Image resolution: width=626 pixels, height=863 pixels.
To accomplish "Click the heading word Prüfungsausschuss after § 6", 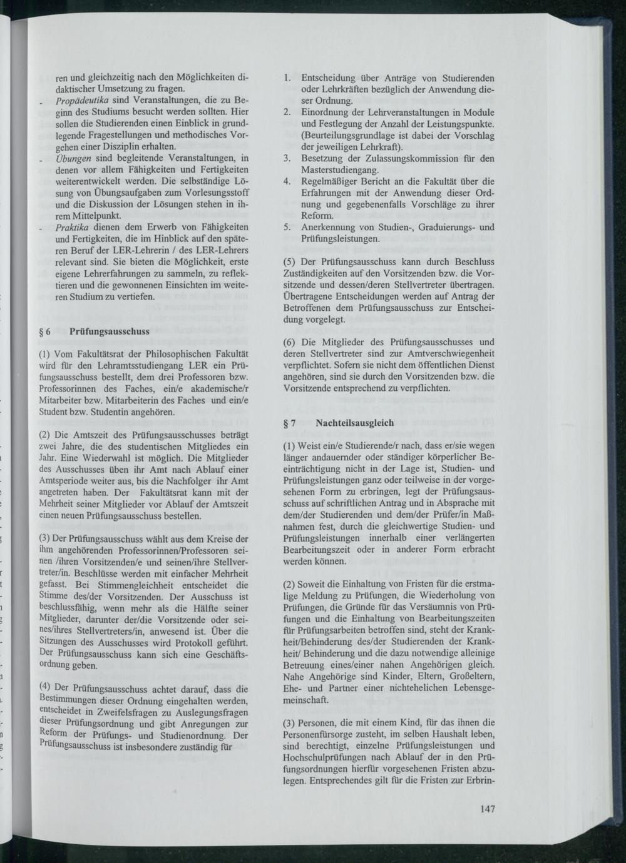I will [110, 332].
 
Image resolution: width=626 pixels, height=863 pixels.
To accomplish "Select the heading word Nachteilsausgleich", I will [354, 423].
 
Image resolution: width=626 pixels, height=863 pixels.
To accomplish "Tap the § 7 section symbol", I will [290, 423].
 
